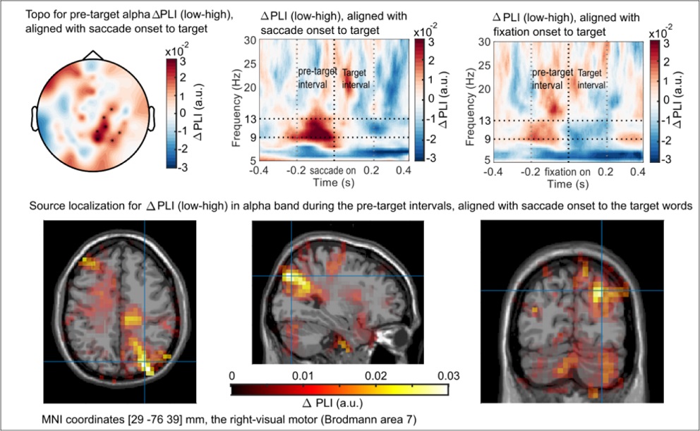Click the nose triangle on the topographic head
pyautogui.click(x=93, y=55)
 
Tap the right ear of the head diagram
pyautogui.click(x=151, y=119)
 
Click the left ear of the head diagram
pyautogui.click(x=34, y=119)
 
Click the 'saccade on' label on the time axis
pyautogui.click(x=332, y=171)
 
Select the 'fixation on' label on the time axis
pyautogui.click(x=567, y=172)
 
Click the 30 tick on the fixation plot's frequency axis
pyautogui.click(x=484, y=42)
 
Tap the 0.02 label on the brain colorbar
pyautogui.click(x=376, y=376)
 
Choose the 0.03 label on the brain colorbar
pyautogui.click(x=448, y=376)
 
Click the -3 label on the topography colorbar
pyautogui.click(x=182, y=167)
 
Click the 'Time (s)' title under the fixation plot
pyautogui.click(x=568, y=184)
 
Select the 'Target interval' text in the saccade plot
pyautogui.click(x=356, y=78)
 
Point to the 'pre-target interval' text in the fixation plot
pyautogui.click(x=552, y=78)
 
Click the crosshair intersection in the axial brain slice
pyautogui.click(x=145, y=361)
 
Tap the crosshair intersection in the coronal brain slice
pyautogui.click(x=601, y=291)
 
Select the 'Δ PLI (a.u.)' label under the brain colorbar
pyautogui.click(x=332, y=403)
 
